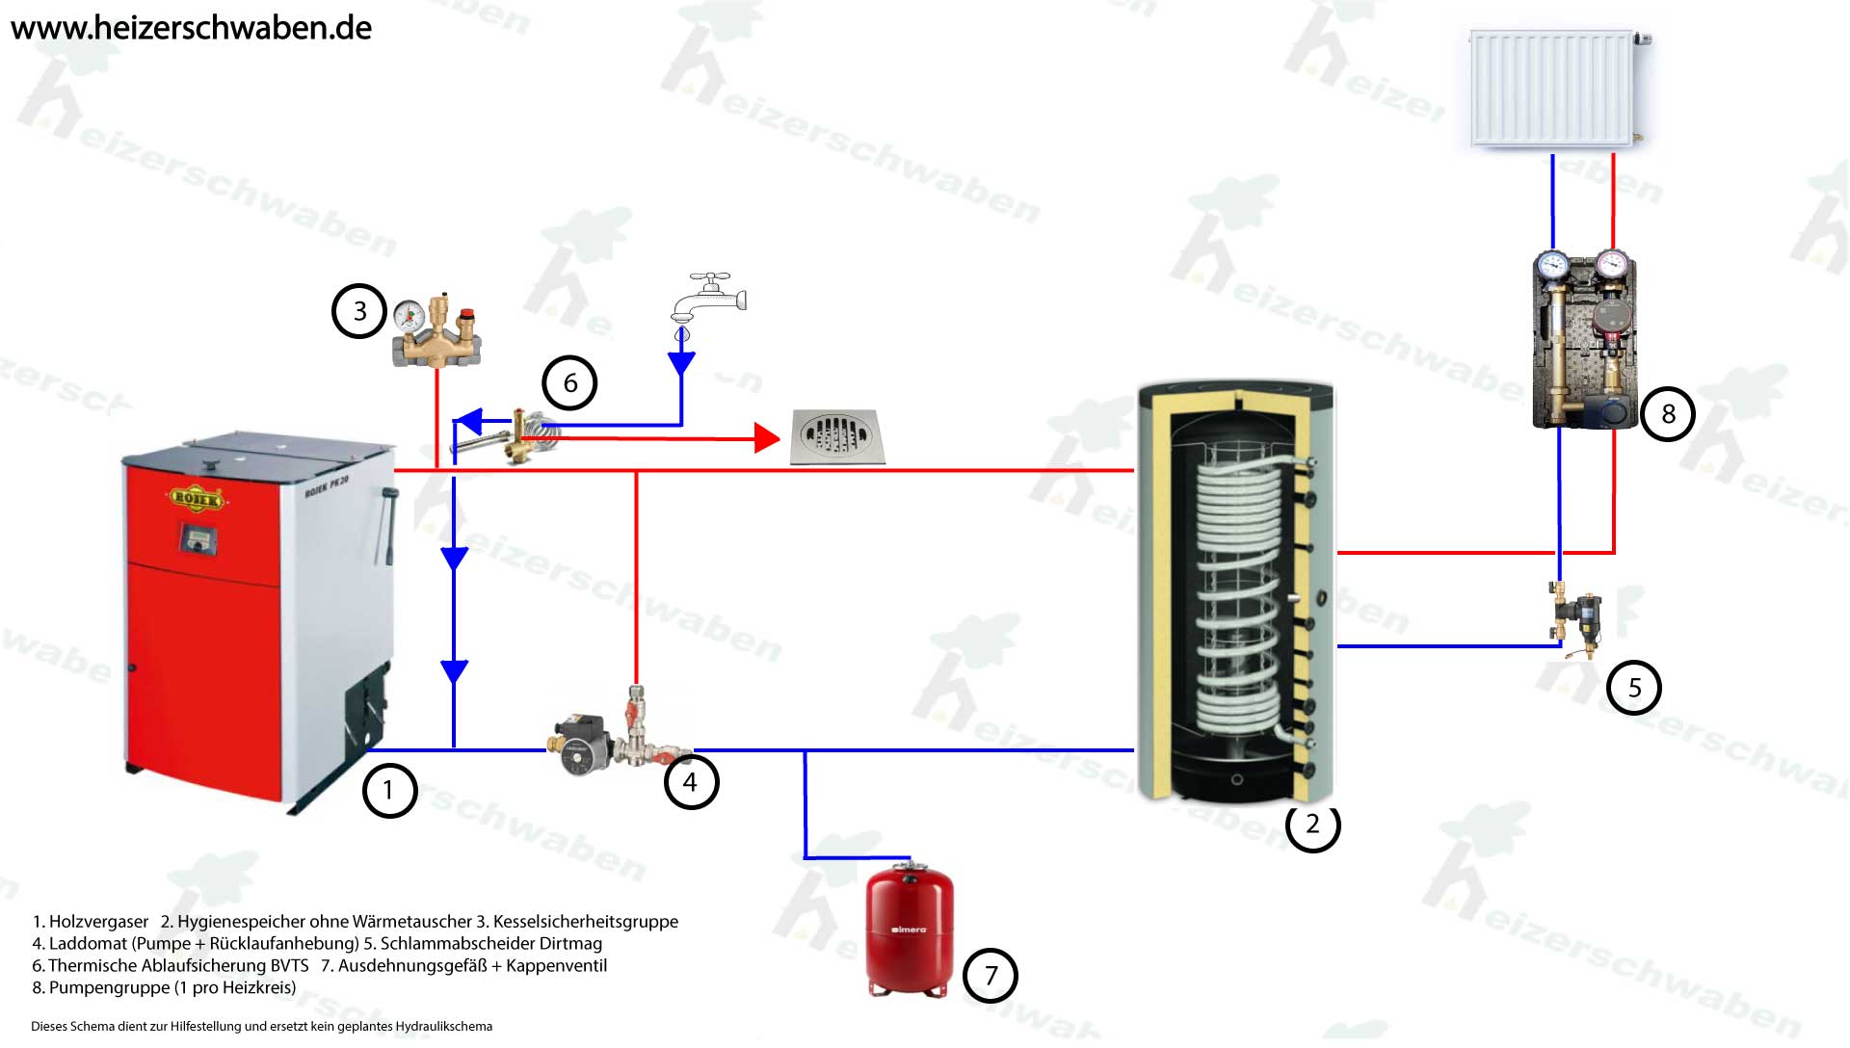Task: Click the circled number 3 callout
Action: point(359,311)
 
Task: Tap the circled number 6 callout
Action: point(569,383)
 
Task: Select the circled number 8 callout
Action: point(1668,414)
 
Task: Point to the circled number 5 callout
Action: point(1634,688)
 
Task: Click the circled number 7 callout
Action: point(991,976)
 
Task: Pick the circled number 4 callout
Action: point(691,782)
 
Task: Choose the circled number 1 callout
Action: point(389,791)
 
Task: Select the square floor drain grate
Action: point(836,436)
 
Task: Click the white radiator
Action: point(1552,89)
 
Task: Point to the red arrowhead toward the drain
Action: point(767,438)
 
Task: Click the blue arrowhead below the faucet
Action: point(681,363)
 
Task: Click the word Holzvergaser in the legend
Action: point(98,922)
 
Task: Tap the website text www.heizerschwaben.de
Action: point(191,28)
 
